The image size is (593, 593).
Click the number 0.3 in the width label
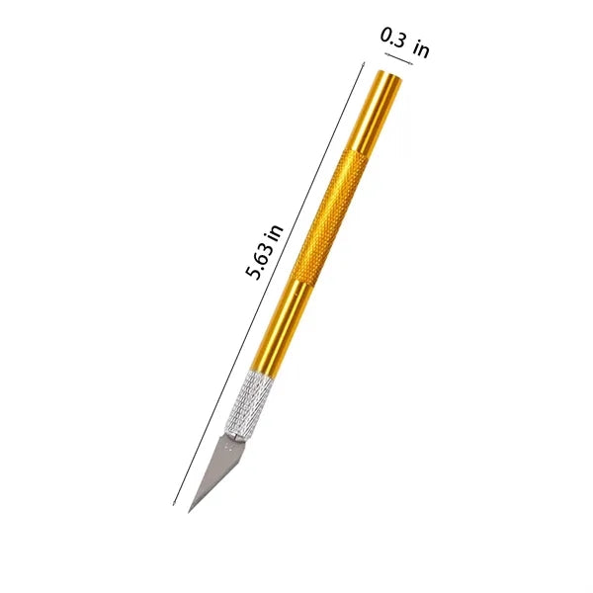[x=392, y=38]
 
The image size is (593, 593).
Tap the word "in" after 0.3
[x=421, y=49]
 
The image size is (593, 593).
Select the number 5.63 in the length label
[x=258, y=261]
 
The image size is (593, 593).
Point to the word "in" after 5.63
[x=276, y=233]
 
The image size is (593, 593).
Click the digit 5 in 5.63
[x=252, y=273]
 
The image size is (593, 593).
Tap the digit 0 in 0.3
[x=386, y=36]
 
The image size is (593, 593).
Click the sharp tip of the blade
[x=189, y=513]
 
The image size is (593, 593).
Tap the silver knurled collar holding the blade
[x=248, y=405]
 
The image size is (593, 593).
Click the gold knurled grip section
[x=330, y=216]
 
